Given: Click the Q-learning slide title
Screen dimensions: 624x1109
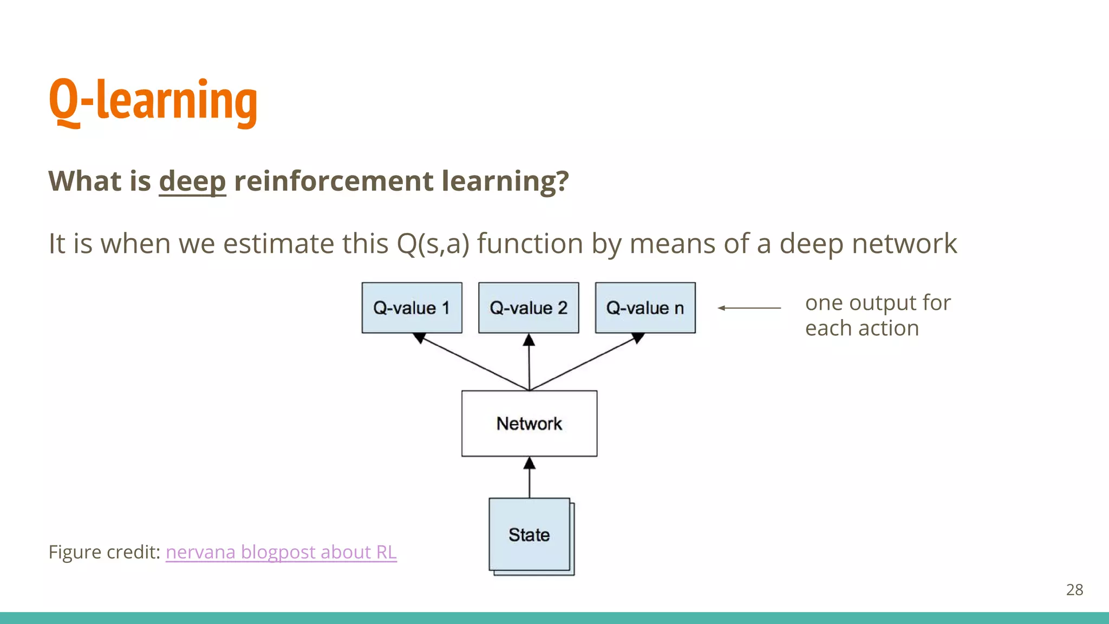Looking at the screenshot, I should click(x=153, y=101).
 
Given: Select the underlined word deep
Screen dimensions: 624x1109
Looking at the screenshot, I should click(x=192, y=181).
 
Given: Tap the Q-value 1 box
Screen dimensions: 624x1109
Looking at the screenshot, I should click(x=412, y=308).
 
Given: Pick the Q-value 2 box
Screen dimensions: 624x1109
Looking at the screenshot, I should click(x=529, y=308).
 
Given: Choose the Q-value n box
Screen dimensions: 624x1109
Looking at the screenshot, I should click(x=645, y=308).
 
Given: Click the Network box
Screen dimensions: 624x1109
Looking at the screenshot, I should click(x=529, y=424).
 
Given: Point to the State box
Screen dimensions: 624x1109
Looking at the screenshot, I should click(x=529, y=535).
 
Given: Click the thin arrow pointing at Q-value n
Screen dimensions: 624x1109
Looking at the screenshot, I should click(x=749, y=308).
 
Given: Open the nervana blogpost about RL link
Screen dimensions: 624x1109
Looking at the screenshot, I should click(x=281, y=552).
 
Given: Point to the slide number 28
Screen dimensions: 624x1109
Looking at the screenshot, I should click(x=1074, y=589).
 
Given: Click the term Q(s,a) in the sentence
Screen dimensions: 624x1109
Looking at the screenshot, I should click(x=433, y=244).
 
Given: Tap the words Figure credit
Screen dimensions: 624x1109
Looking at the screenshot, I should click(x=104, y=552).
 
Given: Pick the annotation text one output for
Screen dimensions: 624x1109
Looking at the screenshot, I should click(x=877, y=303).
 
